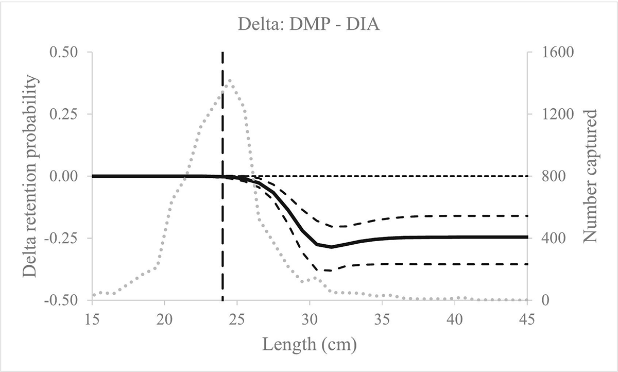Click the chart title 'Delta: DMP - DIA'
(x=309, y=24)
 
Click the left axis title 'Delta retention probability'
(x=33, y=176)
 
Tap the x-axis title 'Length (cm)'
(x=309, y=343)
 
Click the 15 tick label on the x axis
(x=92, y=318)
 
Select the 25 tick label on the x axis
(x=237, y=318)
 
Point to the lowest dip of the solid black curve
(x=332, y=247)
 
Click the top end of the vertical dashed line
(x=222, y=53)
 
